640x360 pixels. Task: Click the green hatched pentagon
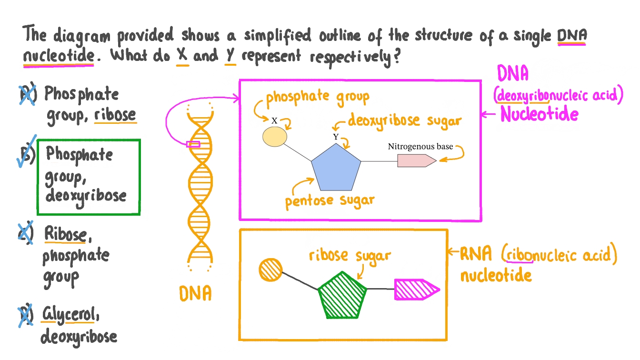(342, 295)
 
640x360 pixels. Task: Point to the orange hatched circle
(271, 270)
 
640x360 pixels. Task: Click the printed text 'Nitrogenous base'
(420, 146)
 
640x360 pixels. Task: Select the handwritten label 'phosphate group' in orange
(317, 97)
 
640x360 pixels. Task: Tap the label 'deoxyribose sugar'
(404, 120)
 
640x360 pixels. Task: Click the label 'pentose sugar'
(330, 200)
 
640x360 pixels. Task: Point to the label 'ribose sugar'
(350, 255)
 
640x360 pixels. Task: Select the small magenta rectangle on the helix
(193, 144)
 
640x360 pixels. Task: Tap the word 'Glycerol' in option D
(71, 315)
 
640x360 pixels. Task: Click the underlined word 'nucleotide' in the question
(59, 56)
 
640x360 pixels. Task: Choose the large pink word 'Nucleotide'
(539, 115)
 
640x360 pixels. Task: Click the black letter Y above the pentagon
(336, 137)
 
